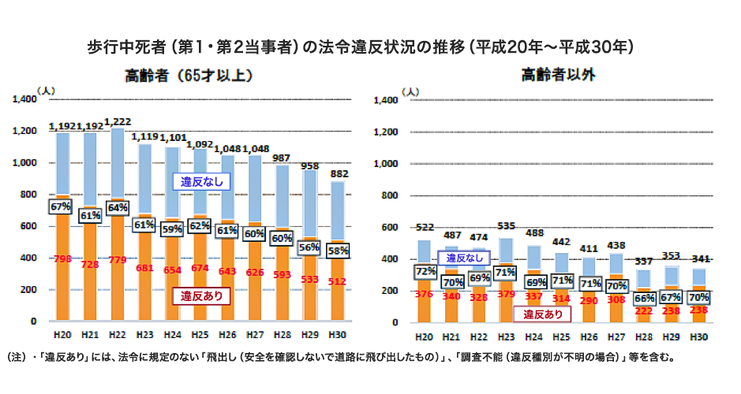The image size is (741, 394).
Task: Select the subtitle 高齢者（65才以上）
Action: [x=188, y=76]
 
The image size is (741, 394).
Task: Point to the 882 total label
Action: [x=340, y=174]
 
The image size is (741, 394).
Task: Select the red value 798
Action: [x=62, y=257]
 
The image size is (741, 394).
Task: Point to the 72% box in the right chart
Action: [x=425, y=270]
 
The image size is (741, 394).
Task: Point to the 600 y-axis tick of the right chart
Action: [x=387, y=228]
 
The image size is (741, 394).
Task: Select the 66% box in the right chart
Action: [x=643, y=299]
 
